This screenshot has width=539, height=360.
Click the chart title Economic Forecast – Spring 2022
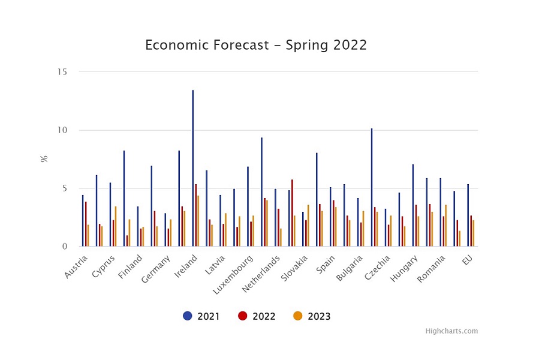click(256, 45)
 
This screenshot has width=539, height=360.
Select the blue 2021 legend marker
click(187, 316)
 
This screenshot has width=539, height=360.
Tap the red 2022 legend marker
click(243, 316)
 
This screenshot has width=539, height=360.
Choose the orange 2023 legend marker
click(298, 316)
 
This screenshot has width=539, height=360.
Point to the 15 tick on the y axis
click(62, 71)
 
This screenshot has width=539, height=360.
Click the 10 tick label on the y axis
click(62, 130)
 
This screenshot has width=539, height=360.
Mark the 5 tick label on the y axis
click(65, 188)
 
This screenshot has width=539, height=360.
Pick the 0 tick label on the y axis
click(65, 247)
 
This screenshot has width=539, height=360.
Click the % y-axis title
click(44, 158)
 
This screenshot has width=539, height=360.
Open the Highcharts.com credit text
click(451, 331)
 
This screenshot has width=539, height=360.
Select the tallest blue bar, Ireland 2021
click(193, 168)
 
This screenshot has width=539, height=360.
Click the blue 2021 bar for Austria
click(83, 221)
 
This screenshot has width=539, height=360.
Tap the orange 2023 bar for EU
click(473, 233)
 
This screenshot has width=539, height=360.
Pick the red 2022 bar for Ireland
click(196, 215)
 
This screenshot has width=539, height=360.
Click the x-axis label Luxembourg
click(233, 275)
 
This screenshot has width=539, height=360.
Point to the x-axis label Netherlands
click(261, 274)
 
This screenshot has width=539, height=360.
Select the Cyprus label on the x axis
click(103, 266)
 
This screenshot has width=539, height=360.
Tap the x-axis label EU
click(467, 260)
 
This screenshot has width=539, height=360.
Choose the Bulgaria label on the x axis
click(350, 268)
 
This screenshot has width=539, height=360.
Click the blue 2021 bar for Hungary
click(413, 205)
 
